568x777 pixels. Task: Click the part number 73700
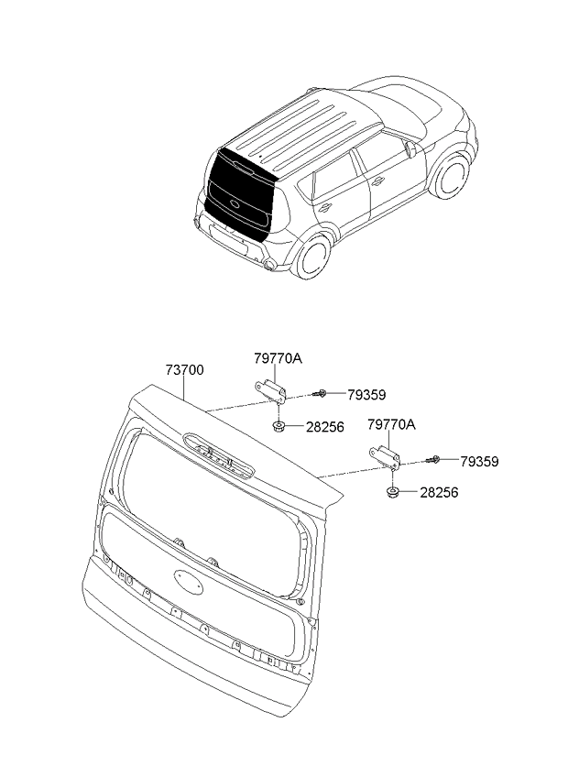click(x=184, y=370)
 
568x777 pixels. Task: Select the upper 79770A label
click(x=279, y=358)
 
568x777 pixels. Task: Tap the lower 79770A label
click(x=391, y=424)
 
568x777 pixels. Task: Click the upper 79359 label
click(x=366, y=395)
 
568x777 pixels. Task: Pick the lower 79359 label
click(x=479, y=462)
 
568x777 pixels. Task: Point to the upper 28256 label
click(x=324, y=427)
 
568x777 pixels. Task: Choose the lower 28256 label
click(x=439, y=493)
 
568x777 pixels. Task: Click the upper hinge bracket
click(x=271, y=389)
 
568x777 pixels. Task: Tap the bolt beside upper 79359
click(x=320, y=394)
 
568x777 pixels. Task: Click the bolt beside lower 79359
click(x=433, y=459)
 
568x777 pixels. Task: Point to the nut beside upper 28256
click(x=279, y=426)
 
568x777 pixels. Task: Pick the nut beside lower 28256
click(x=393, y=493)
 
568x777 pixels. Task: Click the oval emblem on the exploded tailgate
click(x=189, y=582)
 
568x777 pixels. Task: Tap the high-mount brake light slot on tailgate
click(x=219, y=454)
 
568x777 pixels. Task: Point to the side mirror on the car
click(x=410, y=148)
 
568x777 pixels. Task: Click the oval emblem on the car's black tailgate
click(x=235, y=202)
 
